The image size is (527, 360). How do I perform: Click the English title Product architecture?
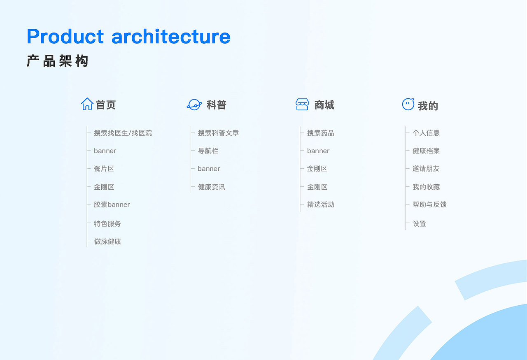(128, 36)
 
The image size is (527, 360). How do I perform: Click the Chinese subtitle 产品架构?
(58, 61)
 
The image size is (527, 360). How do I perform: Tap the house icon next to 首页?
(87, 104)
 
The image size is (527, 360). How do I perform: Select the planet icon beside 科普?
(194, 105)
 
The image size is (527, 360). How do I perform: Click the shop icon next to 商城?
(302, 105)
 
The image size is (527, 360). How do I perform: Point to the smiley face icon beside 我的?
(408, 105)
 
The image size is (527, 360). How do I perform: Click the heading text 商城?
(324, 105)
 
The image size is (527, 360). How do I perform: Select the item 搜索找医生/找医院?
(123, 133)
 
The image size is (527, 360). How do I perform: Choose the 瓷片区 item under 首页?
(104, 169)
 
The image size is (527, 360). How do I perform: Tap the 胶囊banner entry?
(112, 204)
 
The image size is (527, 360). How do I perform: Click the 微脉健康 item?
(107, 242)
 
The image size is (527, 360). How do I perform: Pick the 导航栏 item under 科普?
(208, 151)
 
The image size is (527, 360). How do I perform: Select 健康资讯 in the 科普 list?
(211, 187)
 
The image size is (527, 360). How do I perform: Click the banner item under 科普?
(209, 169)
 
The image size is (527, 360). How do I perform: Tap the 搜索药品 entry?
(320, 133)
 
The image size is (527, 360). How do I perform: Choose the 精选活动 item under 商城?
(320, 204)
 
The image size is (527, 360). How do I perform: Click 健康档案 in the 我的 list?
(426, 151)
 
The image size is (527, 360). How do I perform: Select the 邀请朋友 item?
(426, 169)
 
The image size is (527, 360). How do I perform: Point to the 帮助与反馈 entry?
(429, 204)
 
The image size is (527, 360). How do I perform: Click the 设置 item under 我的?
(419, 224)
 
